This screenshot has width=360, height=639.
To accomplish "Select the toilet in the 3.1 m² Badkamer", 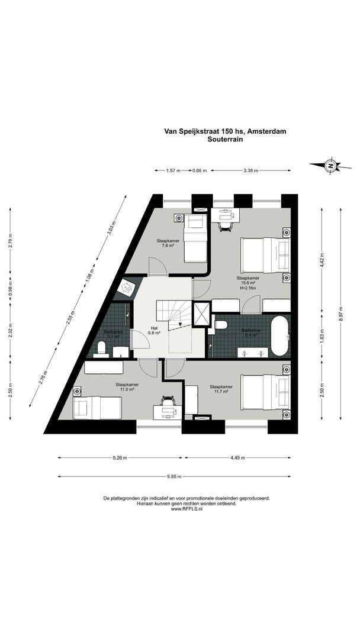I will click(101, 347).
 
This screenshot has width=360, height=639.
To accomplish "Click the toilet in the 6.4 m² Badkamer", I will click(220, 325).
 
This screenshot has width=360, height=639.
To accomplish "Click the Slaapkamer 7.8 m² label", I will click(168, 243).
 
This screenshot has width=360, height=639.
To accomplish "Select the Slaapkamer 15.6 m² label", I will click(248, 283).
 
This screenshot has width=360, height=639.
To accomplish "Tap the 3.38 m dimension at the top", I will click(251, 170).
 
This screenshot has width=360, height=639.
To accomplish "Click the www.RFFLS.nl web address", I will click(187, 509).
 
